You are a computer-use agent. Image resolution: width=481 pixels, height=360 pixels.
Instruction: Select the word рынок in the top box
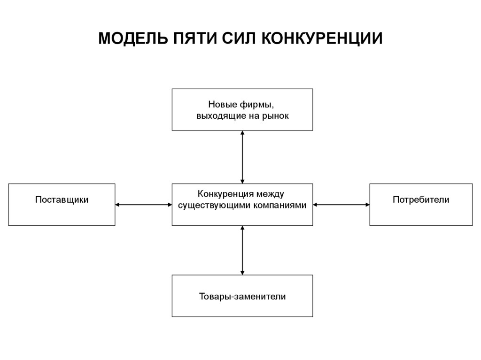tap(274, 115)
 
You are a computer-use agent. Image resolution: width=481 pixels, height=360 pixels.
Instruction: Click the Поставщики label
tap(62, 200)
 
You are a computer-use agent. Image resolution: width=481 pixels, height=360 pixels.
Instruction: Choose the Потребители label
tap(421, 200)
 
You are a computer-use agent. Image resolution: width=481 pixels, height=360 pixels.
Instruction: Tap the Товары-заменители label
tap(242, 297)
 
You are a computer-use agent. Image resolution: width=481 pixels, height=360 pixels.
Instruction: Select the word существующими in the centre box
tap(209, 206)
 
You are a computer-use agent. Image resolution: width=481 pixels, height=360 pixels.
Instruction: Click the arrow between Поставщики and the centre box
tap(143, 205)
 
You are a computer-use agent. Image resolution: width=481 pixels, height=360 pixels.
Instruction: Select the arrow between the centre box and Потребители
tap(341, 205)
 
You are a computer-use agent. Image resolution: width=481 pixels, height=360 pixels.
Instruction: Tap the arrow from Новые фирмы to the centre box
tap(242, 157)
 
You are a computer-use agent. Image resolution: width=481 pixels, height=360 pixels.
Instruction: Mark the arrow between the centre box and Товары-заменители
tap(242, 250)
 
